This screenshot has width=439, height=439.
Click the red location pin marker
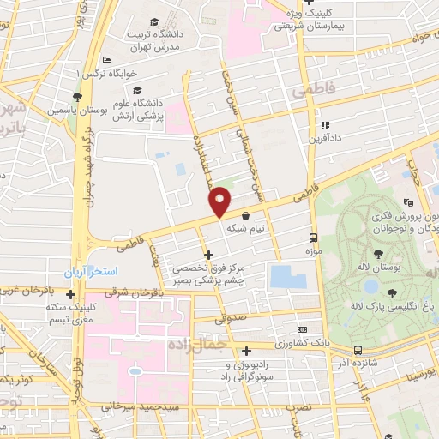pyautogui.click(x=220, y=202)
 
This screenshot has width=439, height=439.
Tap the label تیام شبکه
pyautogui.click(x=247, y=228)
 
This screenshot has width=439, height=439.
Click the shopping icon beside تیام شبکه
pyautogui.click(x=246, y=215)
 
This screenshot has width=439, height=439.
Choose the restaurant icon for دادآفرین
pyautogui.click(x=324, y=125)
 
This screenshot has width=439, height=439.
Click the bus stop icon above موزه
pyautogui.click(x=312, y=238)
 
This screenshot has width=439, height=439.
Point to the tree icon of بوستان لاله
pyautogui.click(x=378, y=253)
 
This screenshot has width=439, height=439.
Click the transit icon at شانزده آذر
pyautogui.click(x=358, y=349)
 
